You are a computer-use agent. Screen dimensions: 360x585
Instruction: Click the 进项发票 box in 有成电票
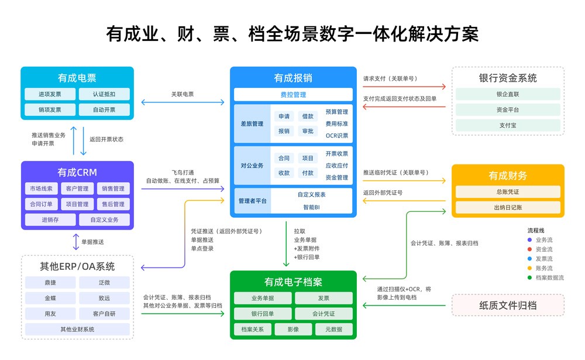coord(50,94)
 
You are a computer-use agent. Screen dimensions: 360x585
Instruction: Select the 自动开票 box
coord(104,109)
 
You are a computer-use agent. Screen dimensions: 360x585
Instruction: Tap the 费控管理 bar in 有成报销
coord(293,94)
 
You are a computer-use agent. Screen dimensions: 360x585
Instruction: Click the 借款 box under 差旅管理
coord(308,116)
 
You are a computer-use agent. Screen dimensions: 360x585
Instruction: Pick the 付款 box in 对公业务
coord(308,173)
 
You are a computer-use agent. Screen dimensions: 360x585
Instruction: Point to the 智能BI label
coord(311,207)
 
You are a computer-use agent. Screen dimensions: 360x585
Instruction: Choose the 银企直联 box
coord(507,94)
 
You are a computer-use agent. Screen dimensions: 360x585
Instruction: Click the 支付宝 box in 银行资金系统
coord(507,125)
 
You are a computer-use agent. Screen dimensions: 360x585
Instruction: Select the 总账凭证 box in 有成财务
coord(507,191)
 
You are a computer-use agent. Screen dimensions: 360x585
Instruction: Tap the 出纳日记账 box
coord(507,207)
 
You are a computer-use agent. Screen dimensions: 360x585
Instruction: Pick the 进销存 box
coord(50,220)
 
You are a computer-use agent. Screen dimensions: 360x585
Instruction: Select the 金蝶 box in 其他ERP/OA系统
coord(50,298)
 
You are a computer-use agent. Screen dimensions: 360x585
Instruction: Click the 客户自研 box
coord(104,314)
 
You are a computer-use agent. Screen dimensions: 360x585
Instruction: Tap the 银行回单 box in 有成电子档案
coord(263,314)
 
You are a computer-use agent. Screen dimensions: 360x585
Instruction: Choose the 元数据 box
coord(333,330)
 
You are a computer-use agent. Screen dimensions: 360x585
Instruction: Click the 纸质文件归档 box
coord(507,305)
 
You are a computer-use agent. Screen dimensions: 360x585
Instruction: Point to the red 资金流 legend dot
coord(529,249)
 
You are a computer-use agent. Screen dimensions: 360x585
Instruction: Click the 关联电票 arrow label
coord(183,94)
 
